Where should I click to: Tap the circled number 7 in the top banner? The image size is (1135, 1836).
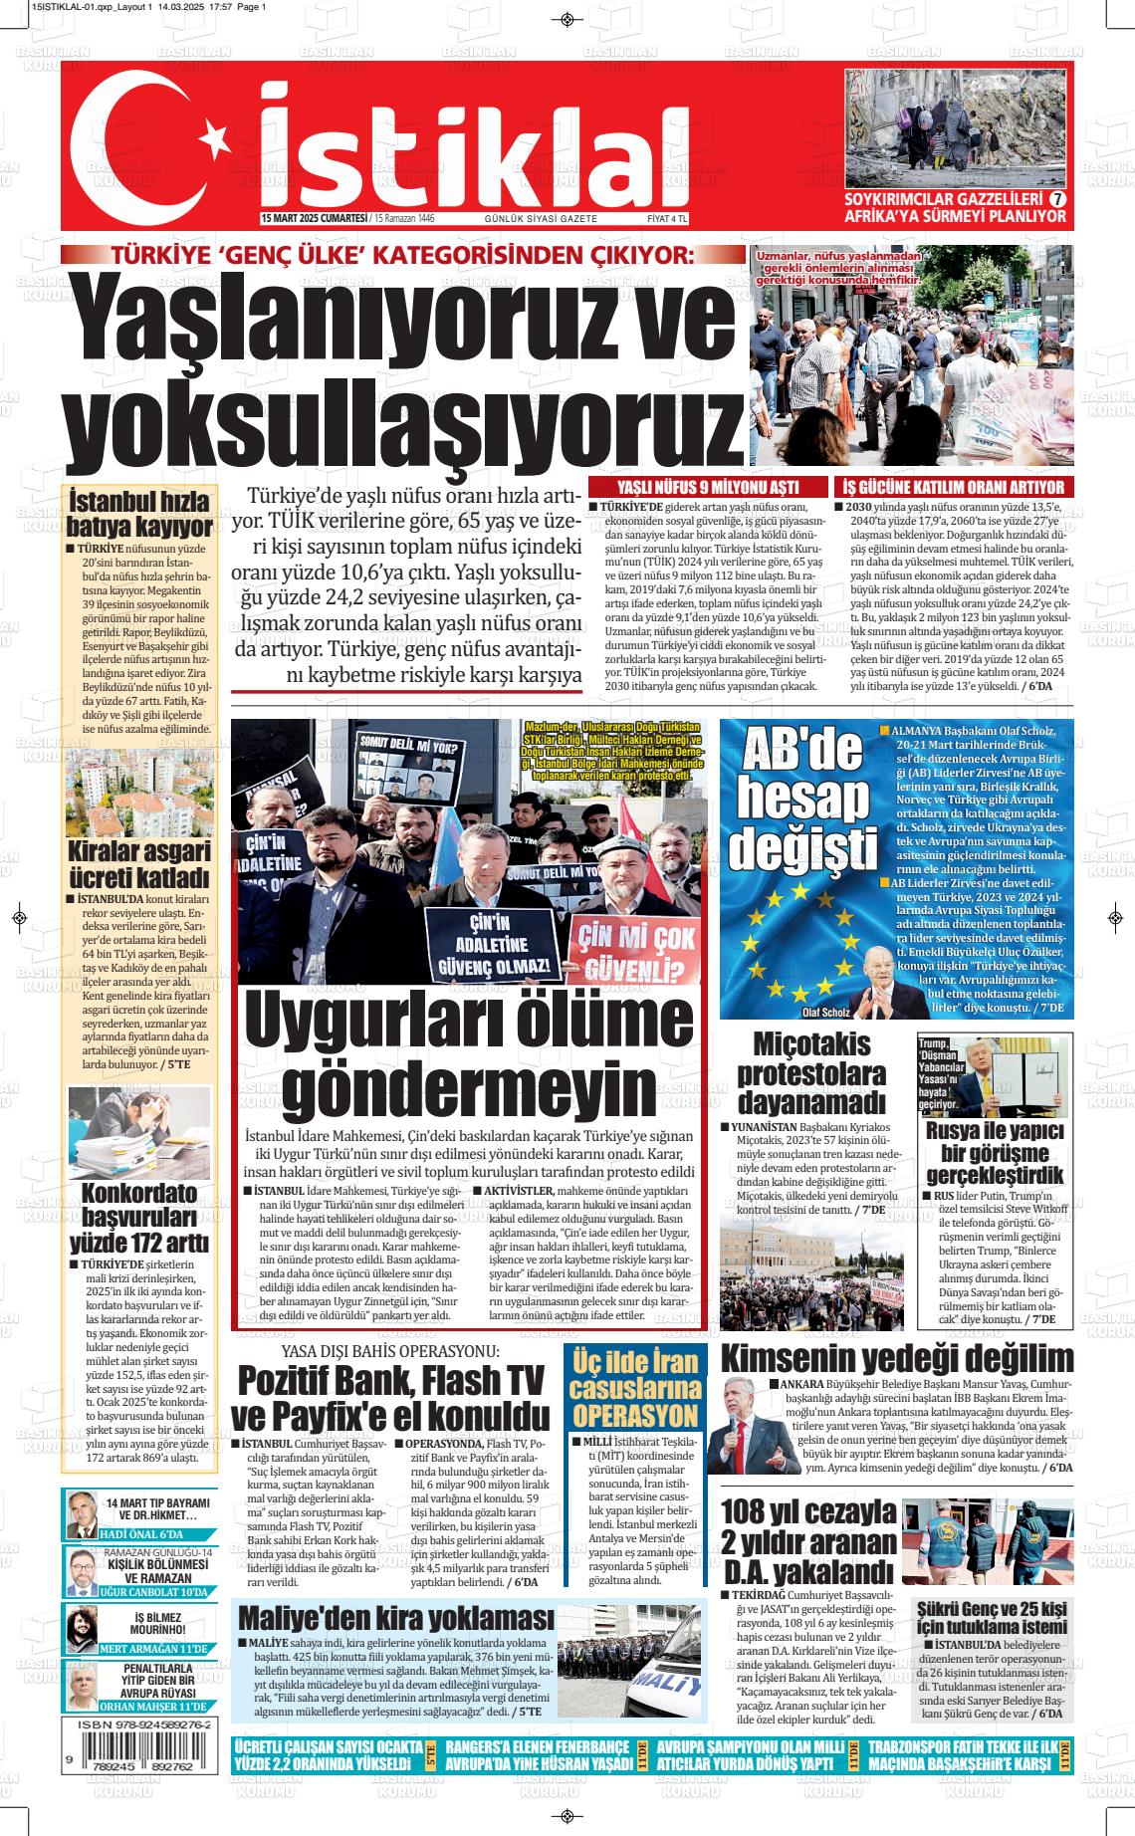pyautogui.click(x=1057, y=199)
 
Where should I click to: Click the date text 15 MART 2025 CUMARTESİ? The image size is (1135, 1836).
pyautogui.click(x=313, y=218)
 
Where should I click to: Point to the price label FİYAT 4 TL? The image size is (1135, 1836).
pyautogui.click(x=667, y=218)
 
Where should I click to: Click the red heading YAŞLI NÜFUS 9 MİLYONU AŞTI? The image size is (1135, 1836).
pyautogui.click(x=708, y=487)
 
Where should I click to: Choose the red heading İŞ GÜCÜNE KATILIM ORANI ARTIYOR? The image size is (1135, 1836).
pyautogui.click(x=953, y=487)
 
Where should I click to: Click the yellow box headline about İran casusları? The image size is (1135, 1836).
pyautogui.click(x=634, y=1387)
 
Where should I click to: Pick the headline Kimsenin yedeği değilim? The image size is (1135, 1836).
pyautogui.click(x=896, y=1359)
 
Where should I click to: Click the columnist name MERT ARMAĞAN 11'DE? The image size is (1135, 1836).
pyautogui.click(x=154, y=1649)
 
